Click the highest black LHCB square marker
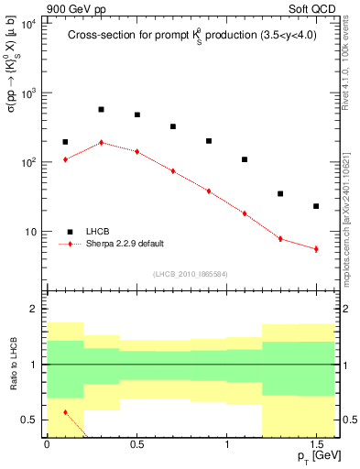pyautogui.click(x=101, y=109)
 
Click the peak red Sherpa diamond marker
pyautogui.click(x=101, y=143)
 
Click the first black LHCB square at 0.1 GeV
pyautogui.click(x=65, y=142)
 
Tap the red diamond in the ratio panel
pyautogui.click(x=65, y=412)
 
